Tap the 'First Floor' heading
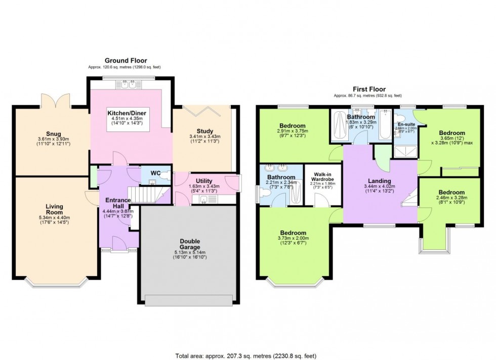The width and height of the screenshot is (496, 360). click(367, 89)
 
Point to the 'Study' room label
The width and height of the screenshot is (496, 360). click(201, 130)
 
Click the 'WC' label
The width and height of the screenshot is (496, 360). click(155, 173)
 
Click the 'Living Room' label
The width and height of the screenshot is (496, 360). click(54, 209)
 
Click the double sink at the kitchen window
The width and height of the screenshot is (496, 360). click(128, 85)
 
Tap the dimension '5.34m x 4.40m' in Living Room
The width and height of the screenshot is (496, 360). click(54, 217)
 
